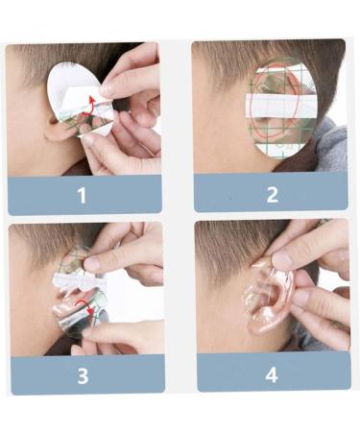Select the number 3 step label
(x=83, y=374)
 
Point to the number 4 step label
(x=272, y=373)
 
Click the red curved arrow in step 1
(x=89, y=105)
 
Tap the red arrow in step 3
(x=92, y=310)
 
